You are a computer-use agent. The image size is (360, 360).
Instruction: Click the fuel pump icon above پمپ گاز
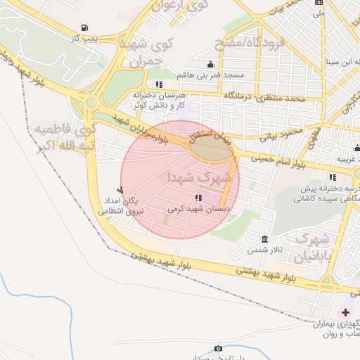(x=85, y=29)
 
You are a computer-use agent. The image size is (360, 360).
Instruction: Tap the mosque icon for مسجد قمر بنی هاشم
(x=212, y=64)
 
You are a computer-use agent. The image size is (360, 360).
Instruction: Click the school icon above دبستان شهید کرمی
(x=198, y=198)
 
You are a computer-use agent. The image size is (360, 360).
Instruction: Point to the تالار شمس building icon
(x=264, y=239)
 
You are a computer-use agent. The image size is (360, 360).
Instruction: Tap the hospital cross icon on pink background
(x=345, y=312)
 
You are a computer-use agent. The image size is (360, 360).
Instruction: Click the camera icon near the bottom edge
(x=218, y=348)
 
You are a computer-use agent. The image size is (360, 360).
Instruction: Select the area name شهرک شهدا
(x=200, y=178)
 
